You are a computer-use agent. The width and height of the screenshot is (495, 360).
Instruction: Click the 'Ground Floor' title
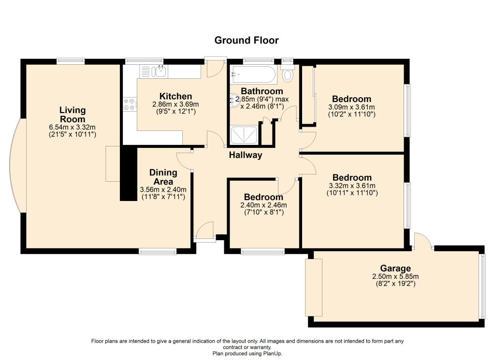click(x=246, y=41)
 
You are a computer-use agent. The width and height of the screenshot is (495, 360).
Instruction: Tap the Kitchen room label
click(x=175, y=96)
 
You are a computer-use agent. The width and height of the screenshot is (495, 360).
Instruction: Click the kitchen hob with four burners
click(x=130, y=104)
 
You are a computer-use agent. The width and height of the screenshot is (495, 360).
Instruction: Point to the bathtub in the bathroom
click(x=252, y=74)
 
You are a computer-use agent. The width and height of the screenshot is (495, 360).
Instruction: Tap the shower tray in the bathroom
click(x=244, y=135)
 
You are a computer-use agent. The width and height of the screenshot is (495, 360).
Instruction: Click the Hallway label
click(x=245, y=155)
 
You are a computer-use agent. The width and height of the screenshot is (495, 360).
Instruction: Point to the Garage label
click(x=395, y=268)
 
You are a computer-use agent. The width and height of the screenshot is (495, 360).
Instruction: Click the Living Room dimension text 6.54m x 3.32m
click(x=72, y=128)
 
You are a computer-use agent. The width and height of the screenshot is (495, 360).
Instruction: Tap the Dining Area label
click(x=163, y=177)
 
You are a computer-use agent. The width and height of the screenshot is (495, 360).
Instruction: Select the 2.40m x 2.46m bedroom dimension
click(x=263, y=205)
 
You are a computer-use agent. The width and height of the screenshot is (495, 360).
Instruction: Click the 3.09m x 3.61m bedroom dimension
click(x=351, y=107)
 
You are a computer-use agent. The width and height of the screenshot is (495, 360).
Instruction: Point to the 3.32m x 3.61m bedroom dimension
click(x=352, y=186)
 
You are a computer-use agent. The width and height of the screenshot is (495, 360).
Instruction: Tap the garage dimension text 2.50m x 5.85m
click(x=395, y=276)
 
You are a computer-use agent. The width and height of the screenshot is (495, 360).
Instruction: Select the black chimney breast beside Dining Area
click(x=129, y=173)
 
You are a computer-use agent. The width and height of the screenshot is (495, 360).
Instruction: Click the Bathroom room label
click(x=262, y=91)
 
